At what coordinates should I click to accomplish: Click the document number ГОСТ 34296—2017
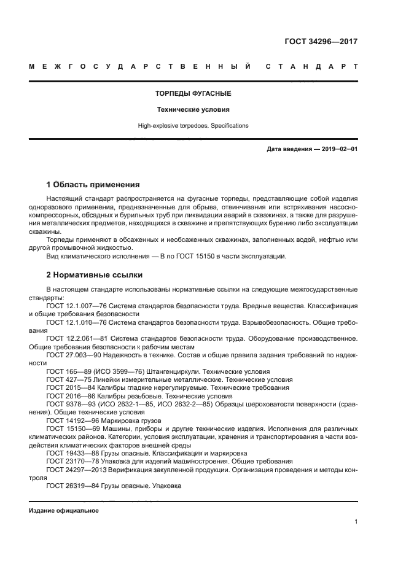coord(321,42)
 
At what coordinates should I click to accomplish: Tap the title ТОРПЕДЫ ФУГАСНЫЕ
coord(193,94)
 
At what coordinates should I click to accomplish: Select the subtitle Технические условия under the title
coord(193,110)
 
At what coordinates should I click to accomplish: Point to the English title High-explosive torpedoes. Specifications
coord(193,125)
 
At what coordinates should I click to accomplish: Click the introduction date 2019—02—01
coord(337,149)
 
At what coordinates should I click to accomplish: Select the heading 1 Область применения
coord(93,184)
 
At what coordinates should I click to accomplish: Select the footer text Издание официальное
coord(63,510)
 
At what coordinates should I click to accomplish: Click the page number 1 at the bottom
coord(356,522)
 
